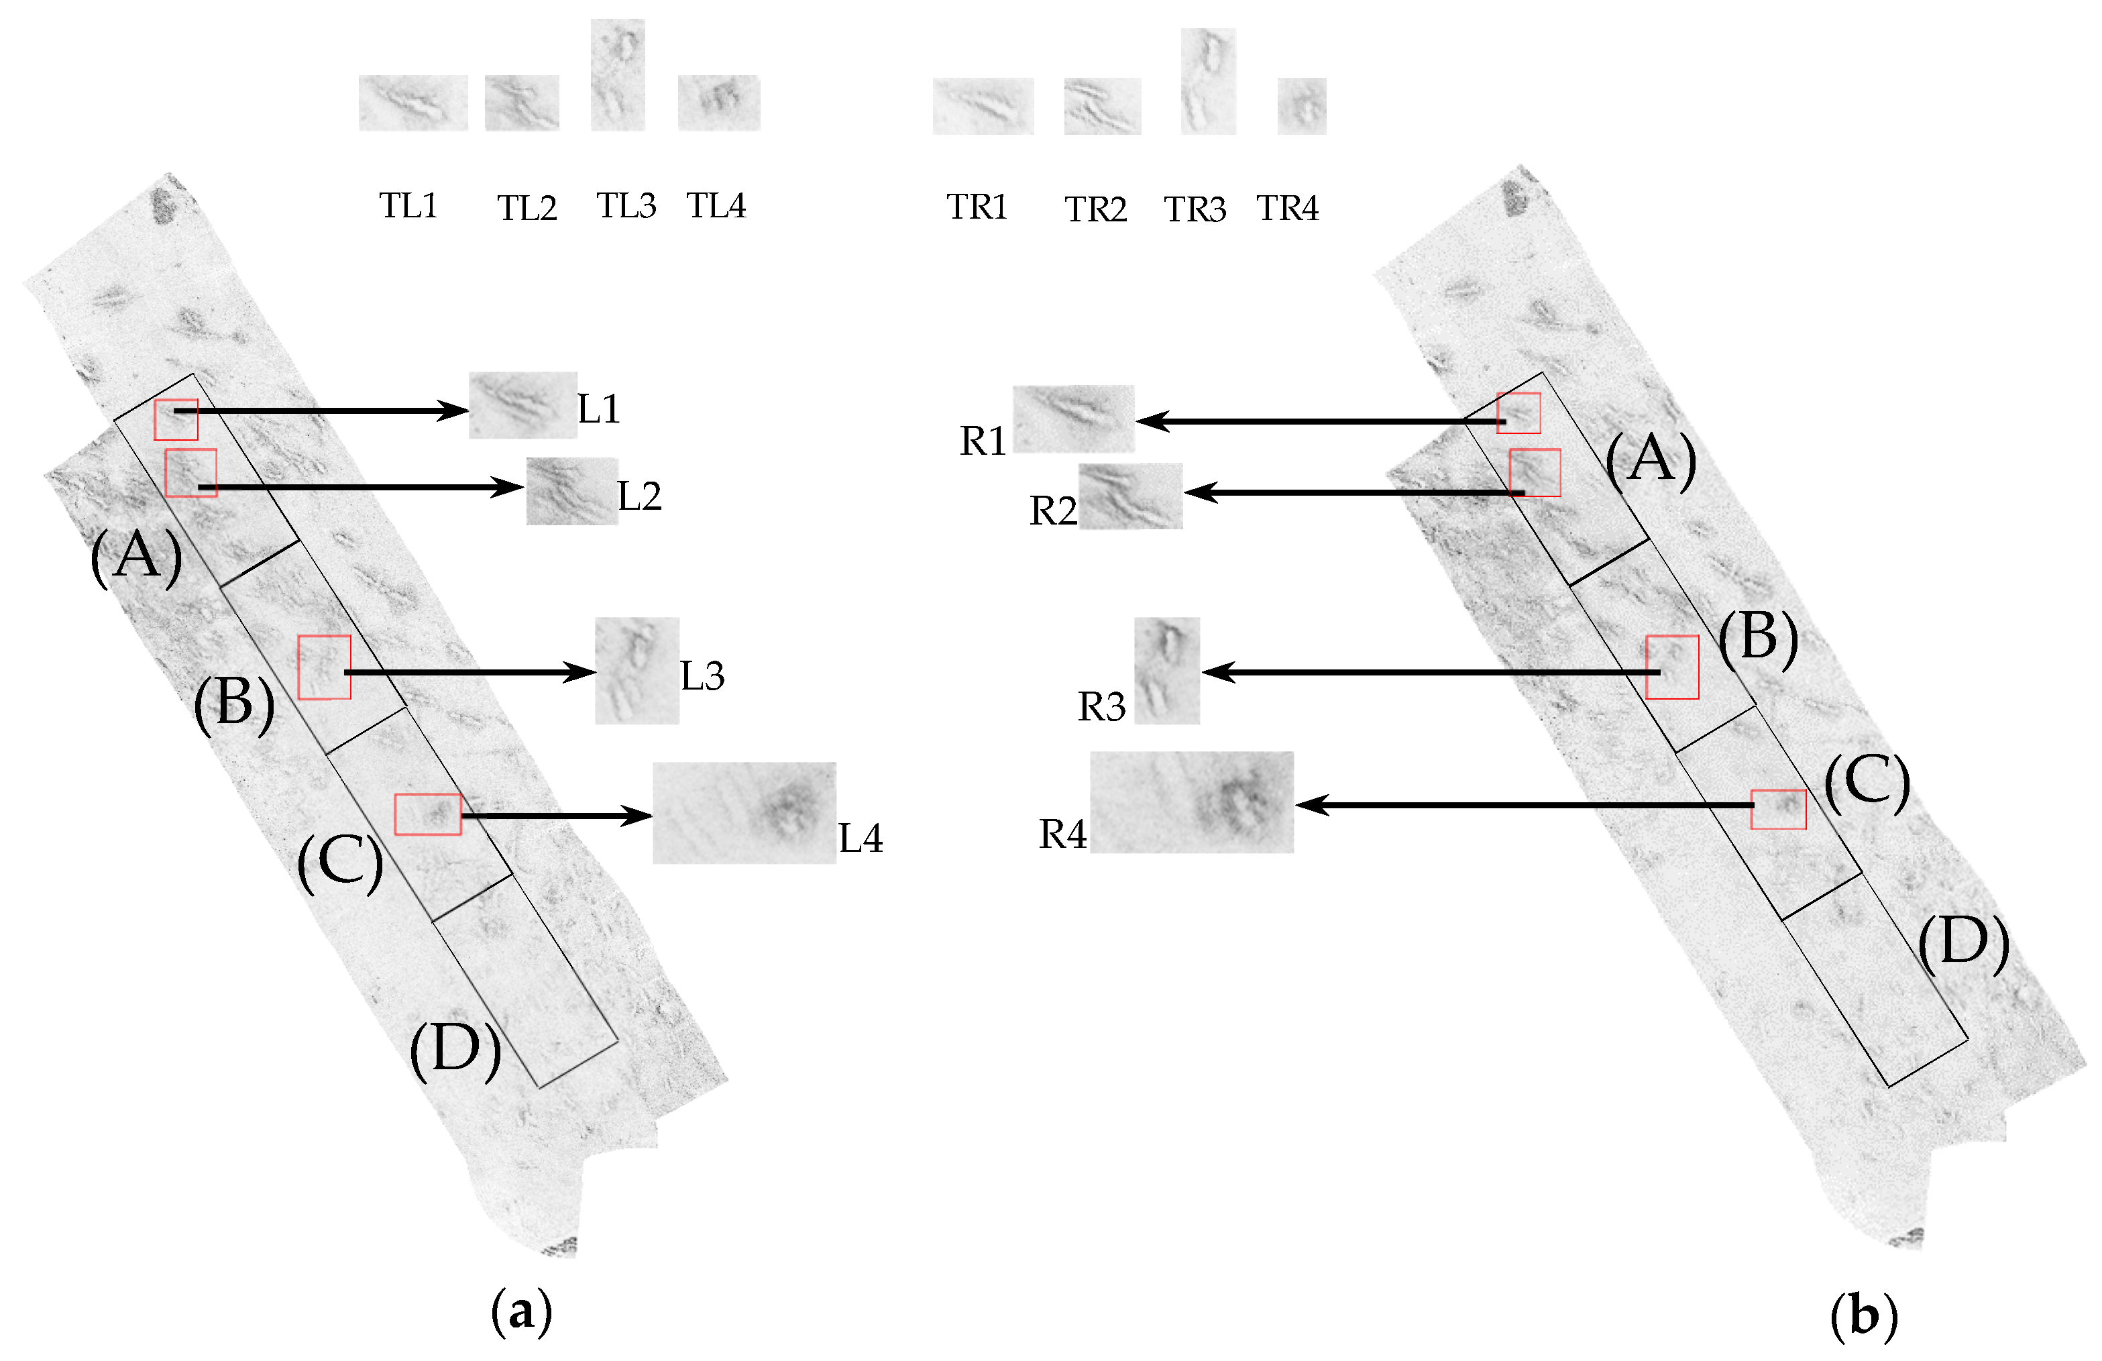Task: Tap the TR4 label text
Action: point(1287,209)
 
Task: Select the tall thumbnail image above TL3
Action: point(617,74)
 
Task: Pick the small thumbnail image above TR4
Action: point(1301,106)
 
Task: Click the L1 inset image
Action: point(522,405)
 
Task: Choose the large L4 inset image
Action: point(744,812)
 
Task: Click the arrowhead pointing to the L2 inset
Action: point(510,486)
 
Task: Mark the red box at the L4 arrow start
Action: point(427,814)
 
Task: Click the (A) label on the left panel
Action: point(136,557)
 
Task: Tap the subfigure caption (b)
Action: point(1863,1317)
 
